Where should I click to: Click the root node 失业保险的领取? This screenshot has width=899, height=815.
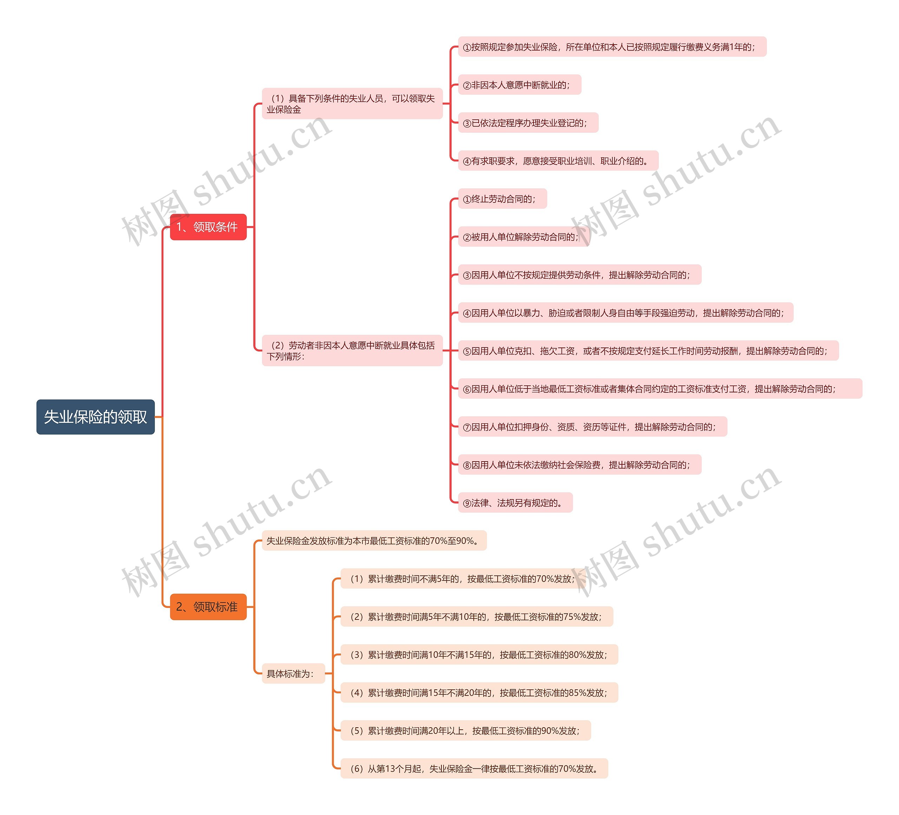coord(96,417)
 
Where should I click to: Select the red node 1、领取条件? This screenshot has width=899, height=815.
coord(208,227)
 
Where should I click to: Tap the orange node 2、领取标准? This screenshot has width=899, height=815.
coord(208,607)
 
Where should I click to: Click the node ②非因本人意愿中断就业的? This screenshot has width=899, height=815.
coord(519,85)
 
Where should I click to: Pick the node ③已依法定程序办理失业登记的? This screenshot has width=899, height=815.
coord(527,122)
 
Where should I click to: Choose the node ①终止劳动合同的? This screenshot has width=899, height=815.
coord(502,199)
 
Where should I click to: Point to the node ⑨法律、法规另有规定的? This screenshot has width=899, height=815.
coord(515,503)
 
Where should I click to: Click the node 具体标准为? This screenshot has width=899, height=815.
coord(293,673)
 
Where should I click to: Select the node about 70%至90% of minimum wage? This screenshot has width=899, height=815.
coord(374,541)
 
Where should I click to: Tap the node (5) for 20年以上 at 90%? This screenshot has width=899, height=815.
coord(465,730)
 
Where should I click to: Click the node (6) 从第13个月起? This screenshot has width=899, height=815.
coord(474,768)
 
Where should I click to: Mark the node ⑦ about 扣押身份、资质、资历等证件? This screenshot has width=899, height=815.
coord(592,426)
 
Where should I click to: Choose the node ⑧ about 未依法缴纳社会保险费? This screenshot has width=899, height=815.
coord(579,465)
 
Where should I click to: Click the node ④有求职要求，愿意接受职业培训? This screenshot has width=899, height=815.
coord(558,161)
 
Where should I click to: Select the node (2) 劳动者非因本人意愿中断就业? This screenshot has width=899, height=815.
coord(352,350)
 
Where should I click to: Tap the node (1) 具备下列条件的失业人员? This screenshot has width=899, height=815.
coord(352,104)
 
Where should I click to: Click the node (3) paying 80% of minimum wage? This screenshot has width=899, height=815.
coord(479,654)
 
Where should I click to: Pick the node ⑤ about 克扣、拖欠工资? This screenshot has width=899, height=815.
coord(648,351)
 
